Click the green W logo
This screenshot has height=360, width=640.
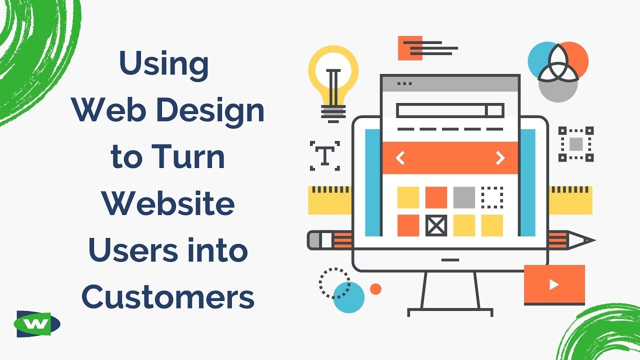click(x=38, y=324)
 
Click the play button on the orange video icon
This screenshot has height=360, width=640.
click(x=554, y=284)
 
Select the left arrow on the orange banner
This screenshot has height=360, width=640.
click(x=400, y=158)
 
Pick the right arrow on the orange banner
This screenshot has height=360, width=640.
click(x=500, y=158)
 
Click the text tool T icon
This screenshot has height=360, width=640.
click(x=325, y=155)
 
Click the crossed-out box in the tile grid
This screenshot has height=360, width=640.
click(x=436, y=225)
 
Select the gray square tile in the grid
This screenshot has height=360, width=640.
click(x=464, y=197)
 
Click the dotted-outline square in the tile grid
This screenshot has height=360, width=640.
click(x=492, y=197)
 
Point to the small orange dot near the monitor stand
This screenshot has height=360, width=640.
click(x=375, y=289)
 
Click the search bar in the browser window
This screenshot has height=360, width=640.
click(x=449, y=110)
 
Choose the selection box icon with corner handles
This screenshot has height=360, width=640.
click(x=576, y=144)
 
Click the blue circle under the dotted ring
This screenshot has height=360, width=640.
click(x=349, y=297)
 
